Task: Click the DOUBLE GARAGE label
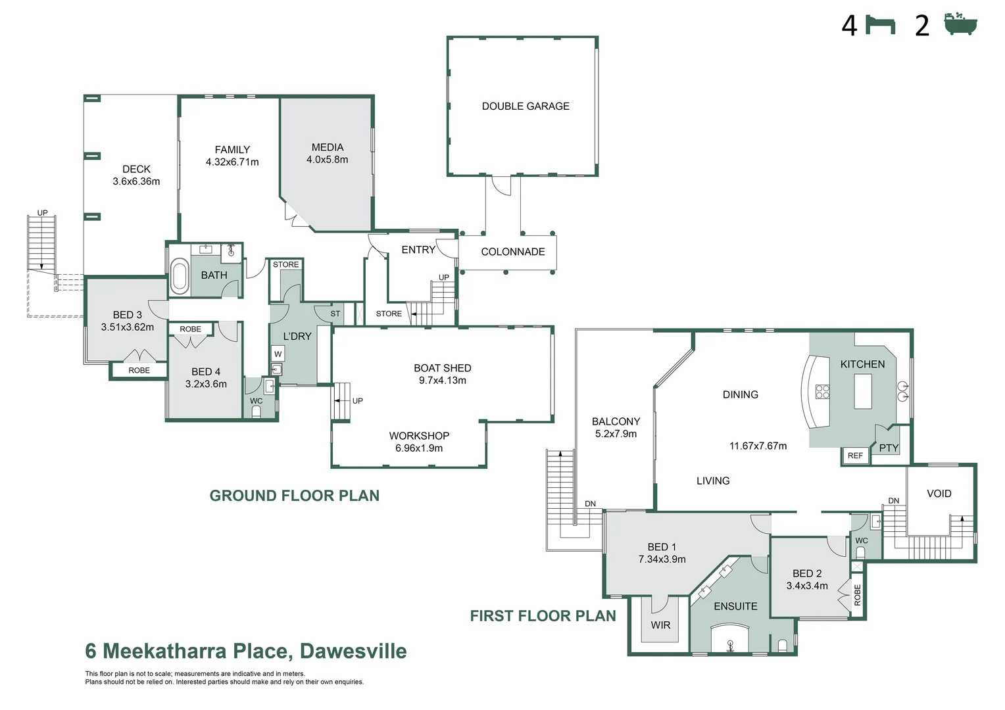click(525, 106)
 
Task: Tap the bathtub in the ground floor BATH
click(179, 275)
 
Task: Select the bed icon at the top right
click(880, 25)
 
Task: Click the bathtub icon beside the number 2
click(960, 24)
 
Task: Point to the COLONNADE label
click(512, 252)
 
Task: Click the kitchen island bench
click(862, 391)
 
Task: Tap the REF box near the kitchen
click(855, 456)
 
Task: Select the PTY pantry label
click(888, 448)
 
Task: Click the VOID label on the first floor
click(939, 494)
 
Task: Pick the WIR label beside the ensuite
click(660, 625)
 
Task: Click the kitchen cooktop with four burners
click(822, 392)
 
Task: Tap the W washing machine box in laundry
click(278, 354)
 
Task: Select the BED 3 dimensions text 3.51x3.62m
click(127, 327)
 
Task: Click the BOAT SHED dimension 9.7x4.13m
click(442, 381)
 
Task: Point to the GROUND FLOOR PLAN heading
click(294, 496)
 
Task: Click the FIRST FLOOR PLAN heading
click(543, 616)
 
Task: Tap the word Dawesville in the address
click(353, 651)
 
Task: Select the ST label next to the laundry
click(335, 314)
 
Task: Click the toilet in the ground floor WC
click(257, 412)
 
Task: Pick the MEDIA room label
click(328, 147)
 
